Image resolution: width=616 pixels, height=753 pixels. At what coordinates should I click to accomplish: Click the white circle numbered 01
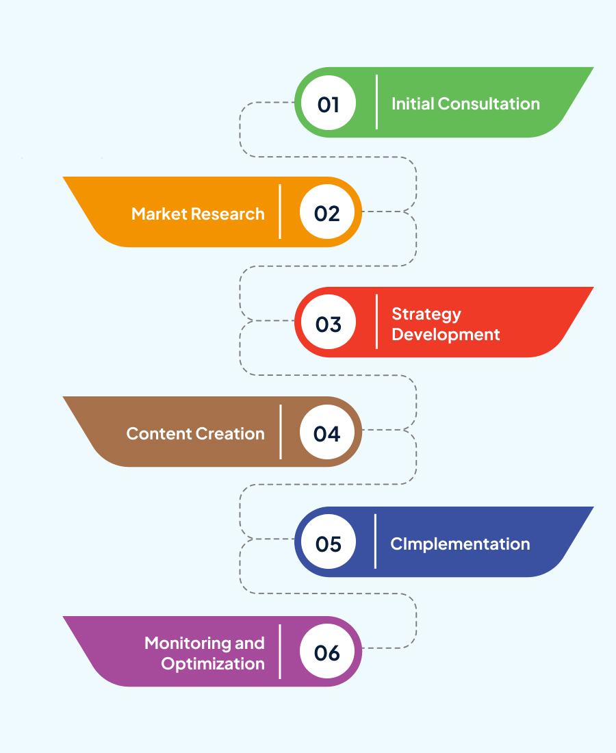tap(329, 103)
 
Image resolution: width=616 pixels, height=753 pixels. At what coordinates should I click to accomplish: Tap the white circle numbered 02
tap(327, 212)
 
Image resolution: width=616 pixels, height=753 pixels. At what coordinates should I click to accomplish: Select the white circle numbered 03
tap(329, 322)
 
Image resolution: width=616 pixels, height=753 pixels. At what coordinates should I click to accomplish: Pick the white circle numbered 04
tap(327, 432)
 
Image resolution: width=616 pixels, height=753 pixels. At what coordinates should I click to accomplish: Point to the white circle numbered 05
tap(329, 541)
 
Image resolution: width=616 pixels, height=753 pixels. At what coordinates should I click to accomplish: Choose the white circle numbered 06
tap(327, 651)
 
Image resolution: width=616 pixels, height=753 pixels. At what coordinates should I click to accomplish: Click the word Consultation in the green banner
tap(489, 104)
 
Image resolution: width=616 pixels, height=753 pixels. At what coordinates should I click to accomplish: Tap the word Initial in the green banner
tap(413, 104)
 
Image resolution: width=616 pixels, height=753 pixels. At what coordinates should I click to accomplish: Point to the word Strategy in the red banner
tap(426, 315)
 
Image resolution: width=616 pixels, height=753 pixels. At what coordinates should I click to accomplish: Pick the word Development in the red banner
tap(446, 335)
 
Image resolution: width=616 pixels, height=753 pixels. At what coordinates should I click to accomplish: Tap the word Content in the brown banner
tap(159, 433)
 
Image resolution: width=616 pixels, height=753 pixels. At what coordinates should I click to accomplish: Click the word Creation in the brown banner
tap(230, 433)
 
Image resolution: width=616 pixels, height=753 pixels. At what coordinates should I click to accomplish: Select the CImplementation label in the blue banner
tap(460, 544)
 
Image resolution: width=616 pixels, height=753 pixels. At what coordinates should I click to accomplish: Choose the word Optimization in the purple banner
tap(213, 664)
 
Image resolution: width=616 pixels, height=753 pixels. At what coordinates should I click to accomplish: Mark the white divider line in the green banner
tap(376, 102)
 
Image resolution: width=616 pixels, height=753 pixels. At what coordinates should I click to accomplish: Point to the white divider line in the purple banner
tap(280, 652)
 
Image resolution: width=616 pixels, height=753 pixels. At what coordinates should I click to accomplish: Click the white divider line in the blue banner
tap(375, 541)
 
